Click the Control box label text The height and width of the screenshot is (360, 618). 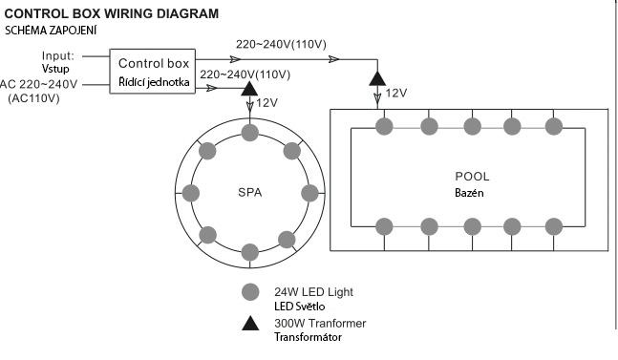(x=154, y=63)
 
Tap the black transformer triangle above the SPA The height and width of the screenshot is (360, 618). (x=249, y=90)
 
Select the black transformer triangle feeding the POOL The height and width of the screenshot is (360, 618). (x=377, y=79)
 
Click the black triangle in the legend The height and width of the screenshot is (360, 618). (x=250, y=323)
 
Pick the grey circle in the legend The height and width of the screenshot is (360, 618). (x=250, y=292)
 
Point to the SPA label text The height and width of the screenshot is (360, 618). (x=250, y=193)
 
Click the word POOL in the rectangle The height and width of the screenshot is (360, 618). (x=472, y=177)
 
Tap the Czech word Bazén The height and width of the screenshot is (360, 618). (x=469, y=193)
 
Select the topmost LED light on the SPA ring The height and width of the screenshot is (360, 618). (x=250, y=133)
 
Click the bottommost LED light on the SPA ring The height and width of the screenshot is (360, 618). (x=250, y=252)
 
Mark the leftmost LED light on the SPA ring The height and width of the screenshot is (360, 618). (x=191, y=193)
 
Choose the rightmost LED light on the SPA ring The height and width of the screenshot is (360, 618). (x=309, y=193)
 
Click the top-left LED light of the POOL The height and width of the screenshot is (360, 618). (x=384, y=127)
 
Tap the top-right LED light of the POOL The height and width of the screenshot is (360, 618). (x=554, y=127)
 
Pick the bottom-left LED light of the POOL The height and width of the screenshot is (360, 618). (x=384, y=227)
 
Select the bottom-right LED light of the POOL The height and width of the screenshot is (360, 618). (x=554, y=227)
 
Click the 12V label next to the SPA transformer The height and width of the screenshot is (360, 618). (x=267, y=103)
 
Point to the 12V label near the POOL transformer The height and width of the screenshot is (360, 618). (x=396, y=94)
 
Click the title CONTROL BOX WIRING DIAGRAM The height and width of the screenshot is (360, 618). (x=112, y=13)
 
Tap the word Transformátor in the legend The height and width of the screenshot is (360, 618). (x=308, y=337)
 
